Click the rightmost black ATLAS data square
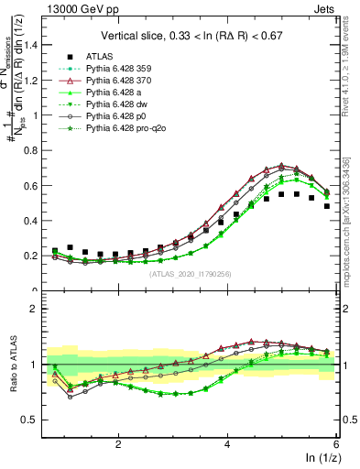(x=327, y=206)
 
